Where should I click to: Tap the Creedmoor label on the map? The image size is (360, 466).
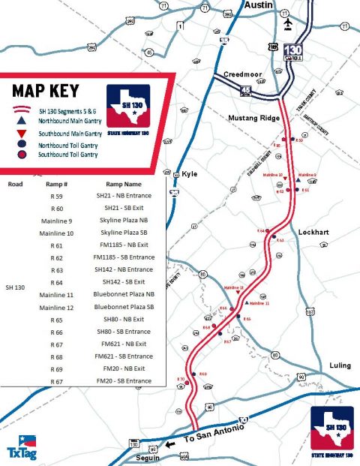tap(242, 74)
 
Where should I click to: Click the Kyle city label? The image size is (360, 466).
tap(189, 174)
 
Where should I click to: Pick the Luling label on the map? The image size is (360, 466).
tap(340, 365)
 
